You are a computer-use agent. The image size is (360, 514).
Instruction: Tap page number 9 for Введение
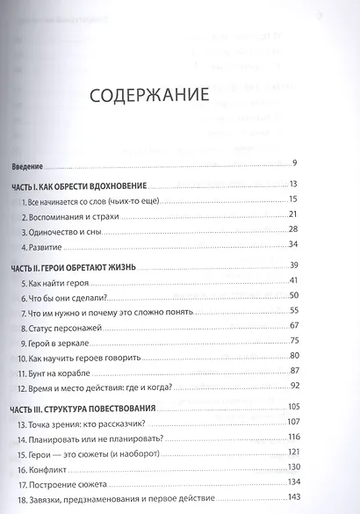tap(296, 164)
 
